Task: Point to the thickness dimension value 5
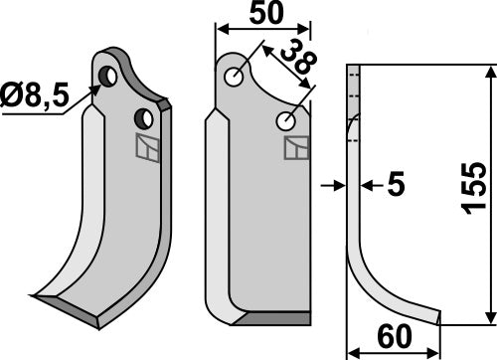pos(396,184)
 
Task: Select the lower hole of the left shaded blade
pos(144,118)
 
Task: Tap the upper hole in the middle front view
pos(236,77)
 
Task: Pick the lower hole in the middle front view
pos(285,121)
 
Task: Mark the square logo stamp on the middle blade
pos(296,148)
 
